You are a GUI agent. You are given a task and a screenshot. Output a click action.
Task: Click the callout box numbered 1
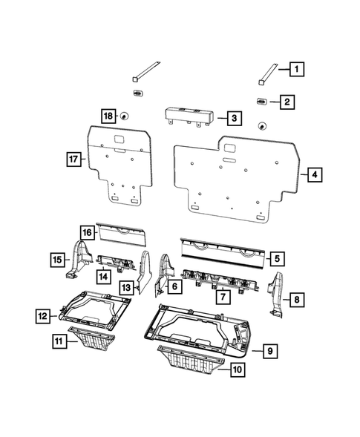296,70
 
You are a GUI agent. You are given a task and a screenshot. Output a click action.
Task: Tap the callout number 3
233,118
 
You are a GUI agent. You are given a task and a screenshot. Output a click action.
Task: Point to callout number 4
315,175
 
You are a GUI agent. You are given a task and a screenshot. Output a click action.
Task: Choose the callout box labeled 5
276,259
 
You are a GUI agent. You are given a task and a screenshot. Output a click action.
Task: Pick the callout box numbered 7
220,297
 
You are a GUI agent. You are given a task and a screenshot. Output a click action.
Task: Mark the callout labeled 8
296,300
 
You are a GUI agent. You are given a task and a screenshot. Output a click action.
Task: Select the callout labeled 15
56,259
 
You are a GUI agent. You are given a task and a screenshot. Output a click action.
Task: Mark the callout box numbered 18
108,116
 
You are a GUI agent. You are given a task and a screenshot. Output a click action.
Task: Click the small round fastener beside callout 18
124,116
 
